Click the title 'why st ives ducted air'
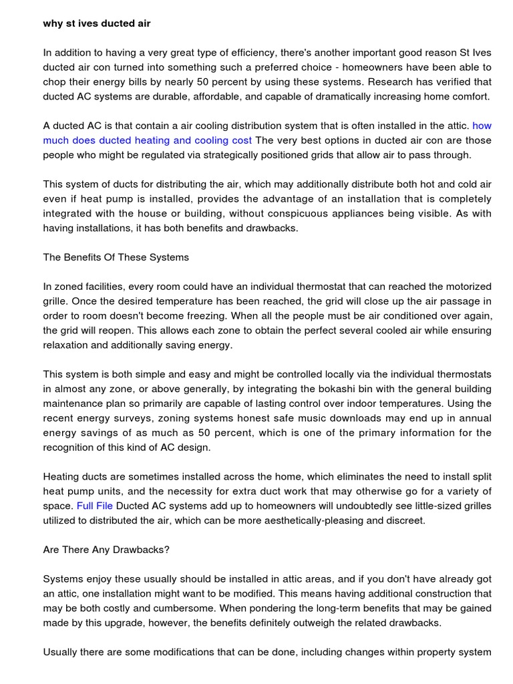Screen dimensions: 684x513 click(97, 23)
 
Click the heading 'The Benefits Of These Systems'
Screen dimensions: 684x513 click(116, 257)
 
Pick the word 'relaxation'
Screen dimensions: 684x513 click(67, 345)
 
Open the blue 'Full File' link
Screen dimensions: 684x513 click(95, 506)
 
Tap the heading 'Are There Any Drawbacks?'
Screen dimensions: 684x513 click(106, 550)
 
